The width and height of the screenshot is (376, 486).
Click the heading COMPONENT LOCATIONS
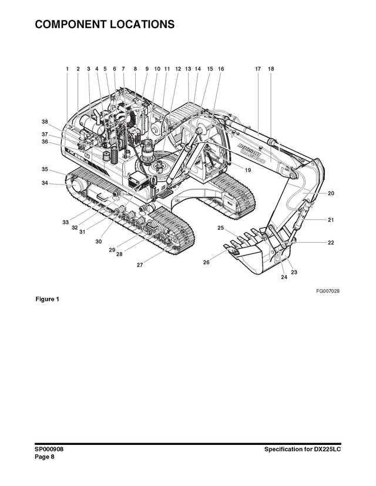click(x=105, y=25)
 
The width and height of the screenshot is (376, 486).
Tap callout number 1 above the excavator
click(x=67, y=69)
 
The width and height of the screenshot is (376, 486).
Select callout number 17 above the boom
click(x=258, y=69)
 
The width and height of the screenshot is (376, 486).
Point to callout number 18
click(x=271, y=69)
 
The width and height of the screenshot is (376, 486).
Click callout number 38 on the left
click(x=45, y=122)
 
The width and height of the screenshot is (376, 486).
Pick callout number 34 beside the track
click(x=45, y=183)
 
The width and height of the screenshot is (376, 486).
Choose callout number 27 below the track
click(x=140, y=265)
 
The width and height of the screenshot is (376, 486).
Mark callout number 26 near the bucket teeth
click(x=206, y=263)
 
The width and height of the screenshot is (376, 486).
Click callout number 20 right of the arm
click(x=331, y=193)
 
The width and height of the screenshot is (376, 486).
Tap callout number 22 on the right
click(x=331, y=242)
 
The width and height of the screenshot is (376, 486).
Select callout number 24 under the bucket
click(x=284, y=277)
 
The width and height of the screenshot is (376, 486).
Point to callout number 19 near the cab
click(x=248, y=170)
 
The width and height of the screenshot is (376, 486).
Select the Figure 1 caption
click(x=48, y=299)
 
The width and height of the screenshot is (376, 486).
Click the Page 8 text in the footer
click(x=44, y=457)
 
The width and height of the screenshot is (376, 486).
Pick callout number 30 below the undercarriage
click(x=99, y=242)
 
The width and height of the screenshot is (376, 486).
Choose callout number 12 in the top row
click(x=178, y=69)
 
